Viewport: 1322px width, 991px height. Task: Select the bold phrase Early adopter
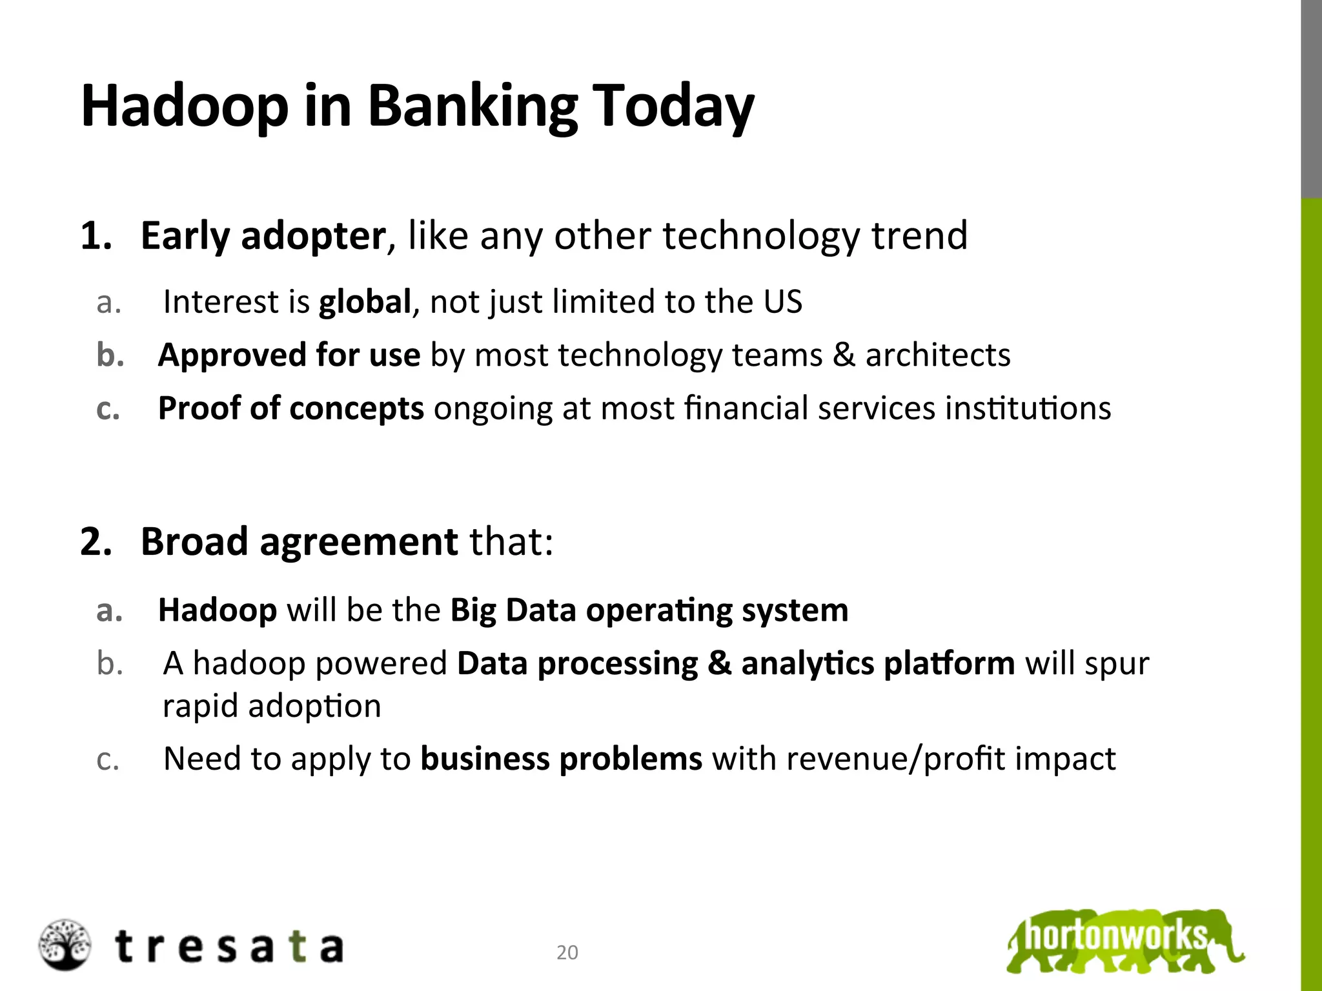pos(263,235)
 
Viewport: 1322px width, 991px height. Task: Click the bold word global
pos(365,302)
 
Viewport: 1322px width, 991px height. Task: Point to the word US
pos(782,302)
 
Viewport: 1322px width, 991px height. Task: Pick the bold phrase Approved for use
pos(289,355)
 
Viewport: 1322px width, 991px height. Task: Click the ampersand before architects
pos(844,355)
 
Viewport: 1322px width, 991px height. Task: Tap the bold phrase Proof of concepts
pos(290,408)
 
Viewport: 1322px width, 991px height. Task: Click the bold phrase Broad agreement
pos(299,541)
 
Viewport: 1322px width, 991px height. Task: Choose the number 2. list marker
pos(96,541)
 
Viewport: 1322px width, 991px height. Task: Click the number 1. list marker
pos(96,235)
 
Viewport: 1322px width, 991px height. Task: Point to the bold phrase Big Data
pos(513,610)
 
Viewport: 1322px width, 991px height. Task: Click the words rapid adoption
pos(272,706)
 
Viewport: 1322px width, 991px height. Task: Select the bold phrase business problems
pos(561,759)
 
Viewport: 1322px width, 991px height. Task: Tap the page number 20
pos(567,952)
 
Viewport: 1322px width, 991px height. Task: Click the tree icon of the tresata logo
pos(65,945)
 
